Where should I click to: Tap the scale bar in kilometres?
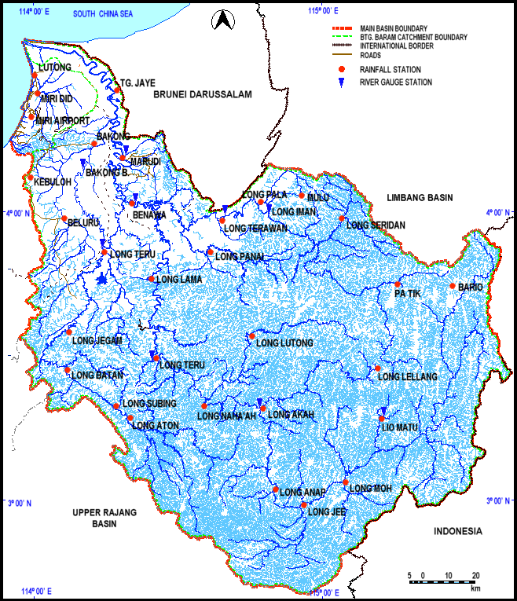click(x=444, y=581)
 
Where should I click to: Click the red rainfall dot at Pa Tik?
click(x=398, y=284)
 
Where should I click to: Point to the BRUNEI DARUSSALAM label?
click(x=203, y=94)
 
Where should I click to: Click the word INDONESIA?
click(x=457, y=532)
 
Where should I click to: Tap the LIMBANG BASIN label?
click(x=420, y=198)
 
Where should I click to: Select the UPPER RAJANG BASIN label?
click(x=104, y=518)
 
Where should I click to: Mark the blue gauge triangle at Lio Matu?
click(x=383, y=411)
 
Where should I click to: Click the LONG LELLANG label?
click(x=408, y=377)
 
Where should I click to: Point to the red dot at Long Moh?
click(x=346, y=482)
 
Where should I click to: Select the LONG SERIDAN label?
click(x=376, y=225)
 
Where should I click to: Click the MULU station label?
click(x=318, y=196)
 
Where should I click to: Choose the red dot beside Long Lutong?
click(x=251, y=336)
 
